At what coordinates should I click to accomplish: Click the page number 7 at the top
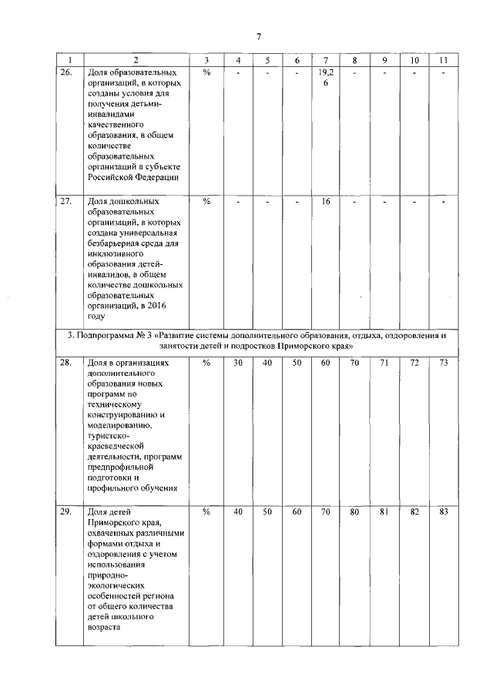coord(259,36)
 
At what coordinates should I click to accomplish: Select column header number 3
coord(206,60)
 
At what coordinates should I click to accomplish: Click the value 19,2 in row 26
coord(325,72)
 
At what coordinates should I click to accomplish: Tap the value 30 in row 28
coord(238,361)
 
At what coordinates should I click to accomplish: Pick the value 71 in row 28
coord(384,361)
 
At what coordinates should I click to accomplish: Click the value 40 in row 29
coord(238,511)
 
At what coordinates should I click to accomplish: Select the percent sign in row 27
coord(206,201)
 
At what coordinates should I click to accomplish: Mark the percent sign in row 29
coord(206,511)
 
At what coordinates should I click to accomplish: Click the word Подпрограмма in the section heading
coord(108,335)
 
